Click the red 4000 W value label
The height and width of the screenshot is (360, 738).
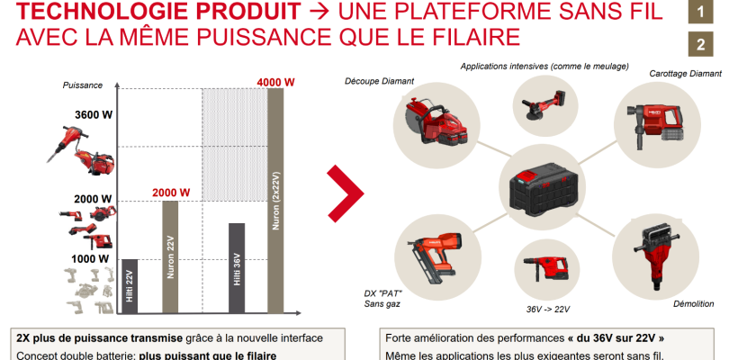(x=275, y=81)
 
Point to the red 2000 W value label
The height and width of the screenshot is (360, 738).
(x=170, y=193)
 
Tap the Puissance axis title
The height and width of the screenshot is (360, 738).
(x=83, y=85)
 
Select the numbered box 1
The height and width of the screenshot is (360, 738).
(x=699, y=13)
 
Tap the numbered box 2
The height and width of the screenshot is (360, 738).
(x=699, y=44)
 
